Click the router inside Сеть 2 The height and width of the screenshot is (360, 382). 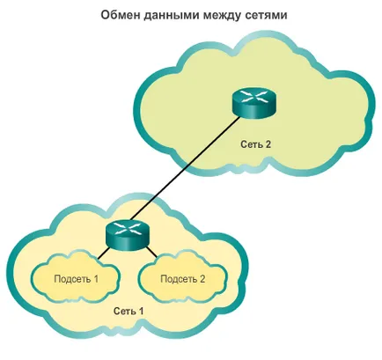(x=254, y=103)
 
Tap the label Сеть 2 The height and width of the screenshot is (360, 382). (x=256, y=144)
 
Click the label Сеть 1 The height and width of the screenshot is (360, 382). (x=129, y=311)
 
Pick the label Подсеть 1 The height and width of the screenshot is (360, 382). (x=77, y=279)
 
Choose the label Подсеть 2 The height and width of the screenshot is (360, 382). (x=183, y=279)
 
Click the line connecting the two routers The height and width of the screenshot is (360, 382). (x=186, y=168)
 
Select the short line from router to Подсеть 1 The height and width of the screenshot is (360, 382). (x=104, y=253)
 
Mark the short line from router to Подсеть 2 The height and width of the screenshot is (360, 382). (x=151, y=253)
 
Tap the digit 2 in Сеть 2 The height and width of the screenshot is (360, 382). (x=268, y=144)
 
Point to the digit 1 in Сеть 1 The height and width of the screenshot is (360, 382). (x=142, y=311)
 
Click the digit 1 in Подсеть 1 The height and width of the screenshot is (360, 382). (x=96, y=279)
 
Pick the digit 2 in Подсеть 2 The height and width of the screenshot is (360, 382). (x=202, y=279)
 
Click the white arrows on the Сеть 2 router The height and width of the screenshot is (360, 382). (x=254, y=97)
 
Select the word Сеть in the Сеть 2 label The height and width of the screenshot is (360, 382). (x=251, y=144)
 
